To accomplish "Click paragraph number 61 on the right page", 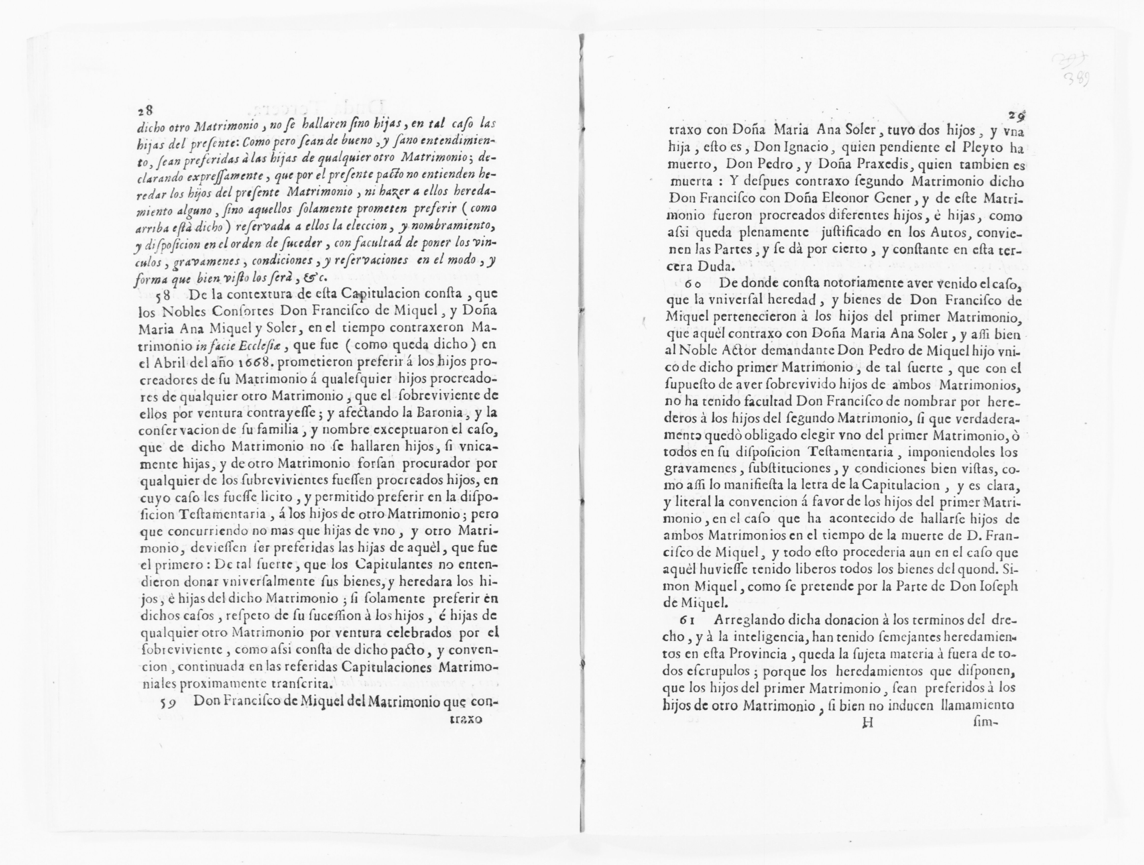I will pyautogui.click(x=689, y=620).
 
